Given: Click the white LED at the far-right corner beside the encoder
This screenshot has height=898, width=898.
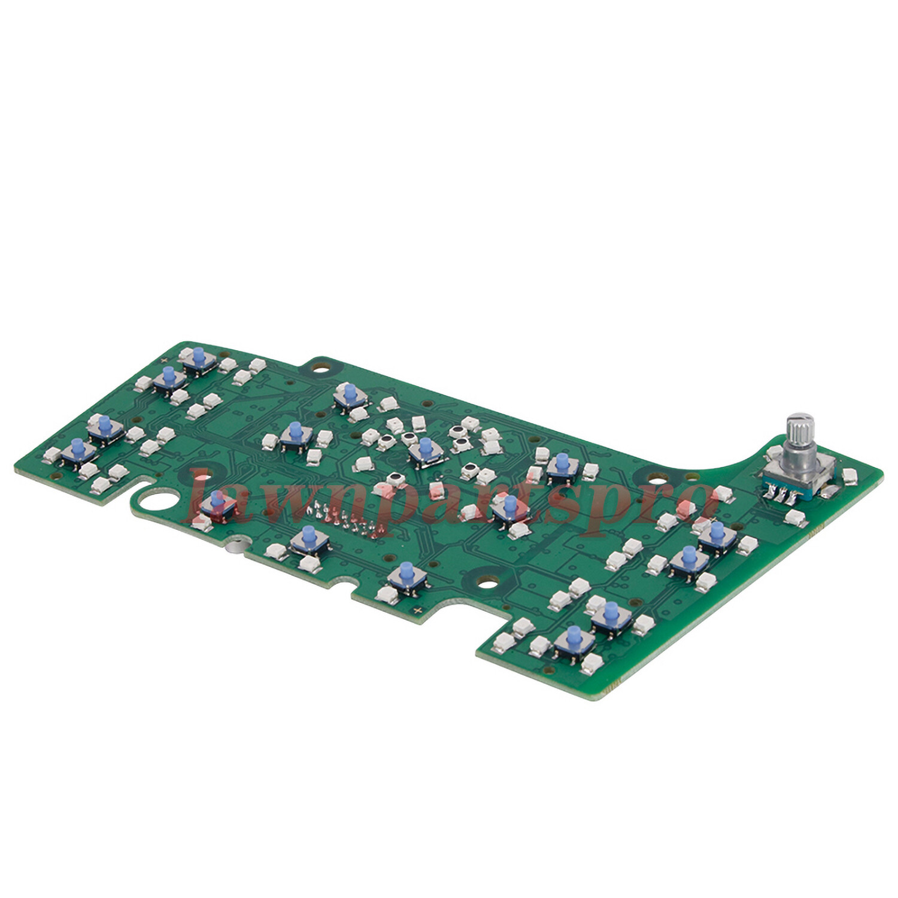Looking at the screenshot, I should coord(849,477).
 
